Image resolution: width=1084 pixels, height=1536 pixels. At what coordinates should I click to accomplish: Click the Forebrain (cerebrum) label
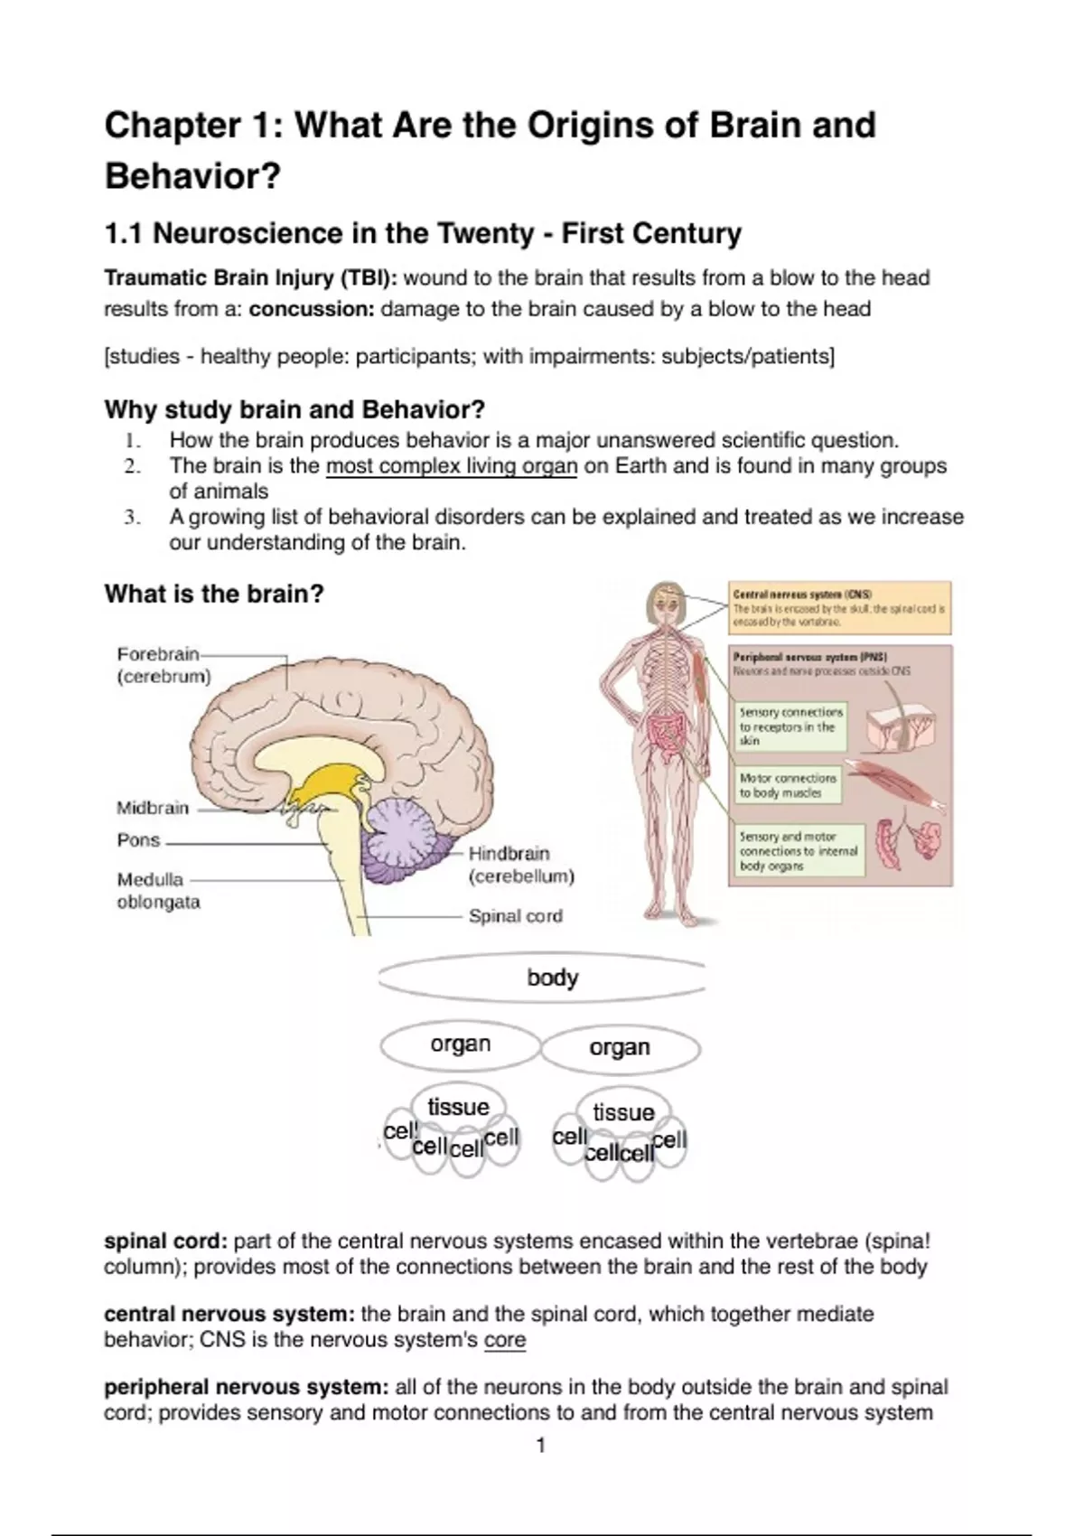[x=164, y=665]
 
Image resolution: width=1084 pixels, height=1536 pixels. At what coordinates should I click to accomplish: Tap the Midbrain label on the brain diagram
[x=153, y=808]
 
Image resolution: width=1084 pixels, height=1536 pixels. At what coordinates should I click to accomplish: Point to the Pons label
[x=138, y=840]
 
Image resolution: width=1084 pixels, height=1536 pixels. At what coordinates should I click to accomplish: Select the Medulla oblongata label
[x=158, y=891]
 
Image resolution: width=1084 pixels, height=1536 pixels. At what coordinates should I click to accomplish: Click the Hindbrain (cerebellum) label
[x=521, y=865]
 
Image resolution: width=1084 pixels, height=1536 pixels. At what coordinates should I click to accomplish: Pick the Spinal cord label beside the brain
[x=515, y=916]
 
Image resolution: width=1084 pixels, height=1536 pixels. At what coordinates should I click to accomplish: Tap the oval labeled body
[x=552, y=978]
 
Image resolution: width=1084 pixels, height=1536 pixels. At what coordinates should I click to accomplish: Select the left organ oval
[x=461, y=1044]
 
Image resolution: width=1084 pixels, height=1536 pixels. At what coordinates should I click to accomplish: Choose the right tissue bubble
[x=623, y=1112]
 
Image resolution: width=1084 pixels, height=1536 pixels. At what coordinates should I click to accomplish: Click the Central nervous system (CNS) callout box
[x=839, y=608]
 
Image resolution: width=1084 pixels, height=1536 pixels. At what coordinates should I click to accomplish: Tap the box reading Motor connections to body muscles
[x=788, y=785]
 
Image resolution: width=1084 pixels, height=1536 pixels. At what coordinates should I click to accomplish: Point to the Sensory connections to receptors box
[x=791, y=726]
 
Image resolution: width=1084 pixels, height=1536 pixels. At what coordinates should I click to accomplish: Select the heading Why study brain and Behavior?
[x=294, y=410]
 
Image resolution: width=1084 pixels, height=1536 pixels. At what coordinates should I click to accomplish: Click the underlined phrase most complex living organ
[x=451, y=466]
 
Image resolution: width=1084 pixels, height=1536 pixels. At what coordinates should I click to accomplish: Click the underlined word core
[x=504, y=1339]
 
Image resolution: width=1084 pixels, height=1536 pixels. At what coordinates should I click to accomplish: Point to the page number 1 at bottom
[x=541, y=1446]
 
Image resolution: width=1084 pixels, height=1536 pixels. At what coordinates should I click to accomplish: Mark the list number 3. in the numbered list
[x=132, y=518]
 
